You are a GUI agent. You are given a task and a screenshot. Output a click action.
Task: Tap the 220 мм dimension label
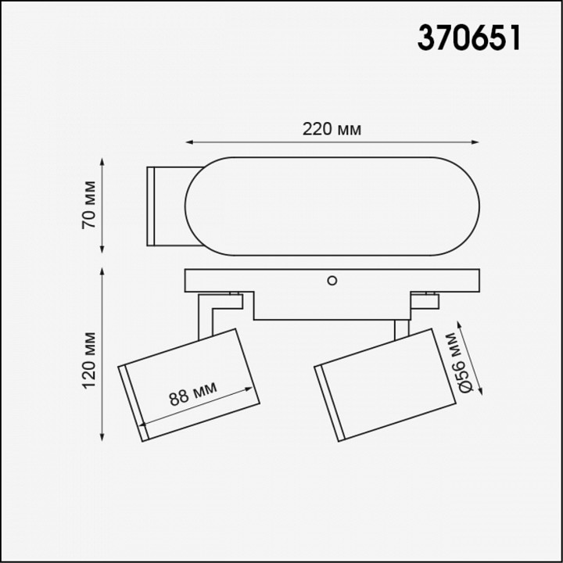click(332, 129)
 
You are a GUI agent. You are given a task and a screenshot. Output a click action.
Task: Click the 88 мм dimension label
click(192, 393)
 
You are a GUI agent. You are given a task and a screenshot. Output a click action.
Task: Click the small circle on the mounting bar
click(332, 279)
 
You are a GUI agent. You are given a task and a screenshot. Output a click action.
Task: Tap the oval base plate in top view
click(332, 205)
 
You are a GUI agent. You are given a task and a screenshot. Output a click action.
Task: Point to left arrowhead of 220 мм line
click(188, 142)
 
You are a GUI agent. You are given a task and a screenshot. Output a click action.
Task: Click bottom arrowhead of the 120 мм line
click(103, 438)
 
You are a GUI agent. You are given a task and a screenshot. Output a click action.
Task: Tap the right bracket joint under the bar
click(427, 298)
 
